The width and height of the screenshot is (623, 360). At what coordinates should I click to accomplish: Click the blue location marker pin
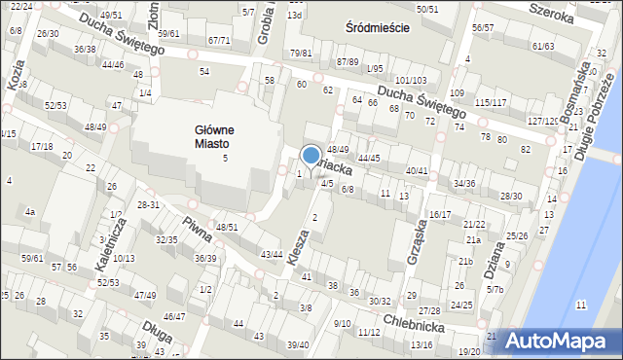coord(311,157)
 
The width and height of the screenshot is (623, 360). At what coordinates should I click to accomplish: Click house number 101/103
coord(410,80)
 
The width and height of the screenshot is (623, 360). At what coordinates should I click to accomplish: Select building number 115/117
coord(491,102)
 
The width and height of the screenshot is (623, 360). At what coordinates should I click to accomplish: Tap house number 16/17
coord(440,214)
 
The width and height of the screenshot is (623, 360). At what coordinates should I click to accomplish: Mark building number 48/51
coord(227,227)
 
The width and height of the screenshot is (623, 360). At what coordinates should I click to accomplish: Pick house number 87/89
coord(348,61)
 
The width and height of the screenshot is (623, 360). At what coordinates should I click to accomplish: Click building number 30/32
coord(380,301)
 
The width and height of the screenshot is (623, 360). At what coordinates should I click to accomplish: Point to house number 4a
coord(30,211)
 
